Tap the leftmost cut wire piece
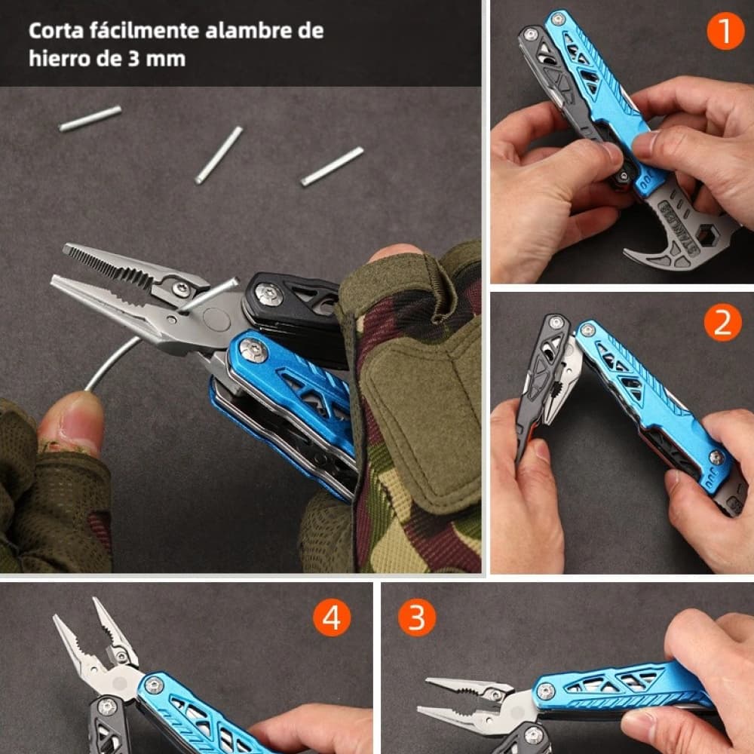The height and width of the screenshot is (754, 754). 90,118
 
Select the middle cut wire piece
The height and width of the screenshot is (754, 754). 219,155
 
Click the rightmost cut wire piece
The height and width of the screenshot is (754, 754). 332,167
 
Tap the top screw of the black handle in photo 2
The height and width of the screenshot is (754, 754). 556,323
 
